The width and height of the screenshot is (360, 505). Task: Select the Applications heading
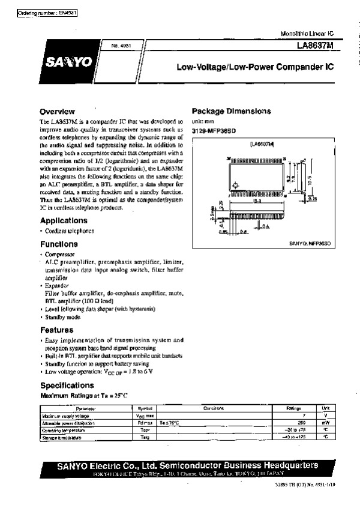pos(64,220)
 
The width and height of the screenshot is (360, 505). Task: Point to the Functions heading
pos(59,244)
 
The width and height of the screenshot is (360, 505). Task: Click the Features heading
pos(57,330)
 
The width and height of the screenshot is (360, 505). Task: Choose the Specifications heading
pos(67,385)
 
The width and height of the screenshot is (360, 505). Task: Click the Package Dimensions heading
pos(231,111)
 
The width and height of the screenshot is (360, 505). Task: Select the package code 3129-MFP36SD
pos(215,130)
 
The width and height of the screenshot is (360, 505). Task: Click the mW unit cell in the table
pos(325,423)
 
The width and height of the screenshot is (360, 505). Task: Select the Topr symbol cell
pos(145,431)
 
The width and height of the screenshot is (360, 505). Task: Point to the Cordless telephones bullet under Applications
pos(70,231)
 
